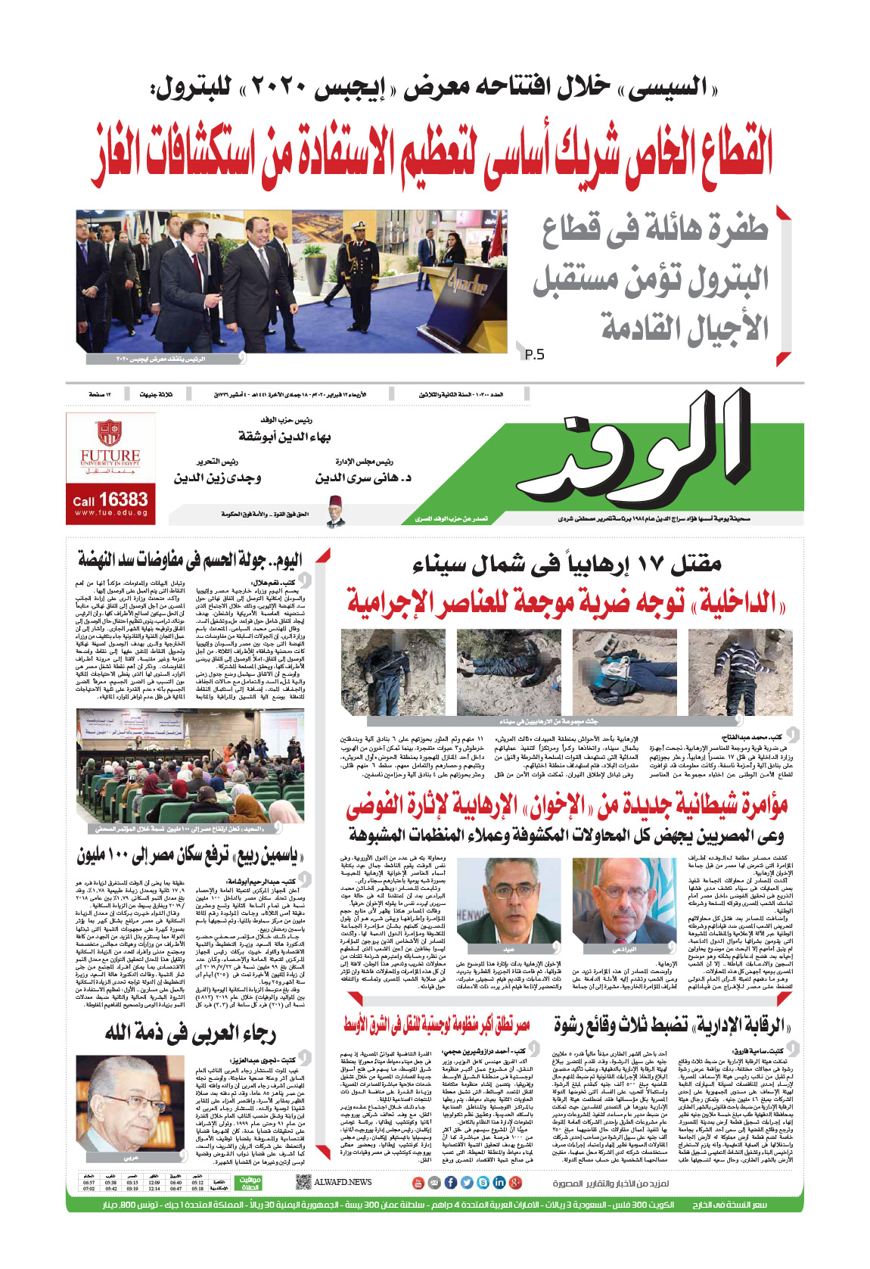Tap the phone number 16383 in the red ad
coord(123,499)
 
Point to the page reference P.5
coord(534,354)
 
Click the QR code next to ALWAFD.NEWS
coord(303,1182)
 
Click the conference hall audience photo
coord(190,766)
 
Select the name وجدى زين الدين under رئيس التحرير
coord(217,478)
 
